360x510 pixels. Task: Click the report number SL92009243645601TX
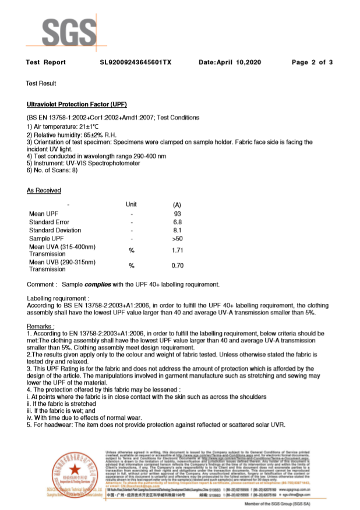136,62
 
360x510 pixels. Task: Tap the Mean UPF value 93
178,214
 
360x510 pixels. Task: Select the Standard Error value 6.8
178,222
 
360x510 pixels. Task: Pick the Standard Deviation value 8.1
178,231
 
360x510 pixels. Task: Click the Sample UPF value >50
178,239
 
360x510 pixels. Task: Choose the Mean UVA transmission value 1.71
178,250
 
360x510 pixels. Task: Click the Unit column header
131,204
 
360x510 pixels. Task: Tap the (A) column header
178,205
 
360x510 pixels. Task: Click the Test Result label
41,84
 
